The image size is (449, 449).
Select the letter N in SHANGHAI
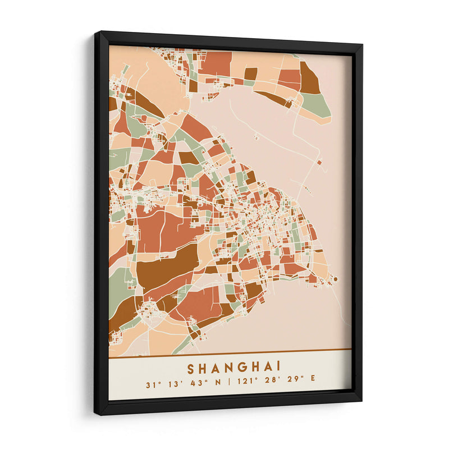pyautogui.click(x=226, y=369)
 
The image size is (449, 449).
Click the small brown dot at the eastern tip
pyautogui.click(x=335, y=278)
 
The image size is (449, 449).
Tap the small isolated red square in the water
pyautogui.click(x=319, y=163)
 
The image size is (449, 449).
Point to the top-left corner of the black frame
pyautogui.click(x=96, y=34)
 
